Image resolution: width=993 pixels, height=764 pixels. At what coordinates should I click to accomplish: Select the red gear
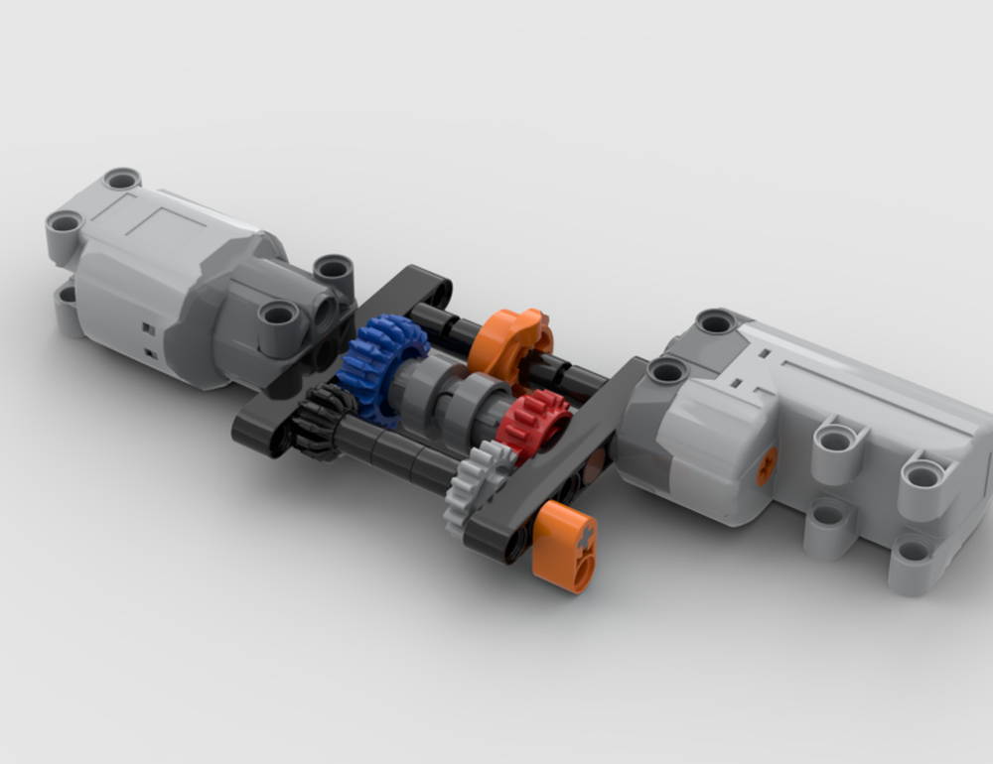click(534, 421)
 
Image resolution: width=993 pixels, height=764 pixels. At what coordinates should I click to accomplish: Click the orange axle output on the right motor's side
click(767, 466)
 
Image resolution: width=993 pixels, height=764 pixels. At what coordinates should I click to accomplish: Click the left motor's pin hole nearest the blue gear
click(279, 316)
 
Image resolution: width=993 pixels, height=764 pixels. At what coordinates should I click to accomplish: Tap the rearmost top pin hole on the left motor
click(121, 180)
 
